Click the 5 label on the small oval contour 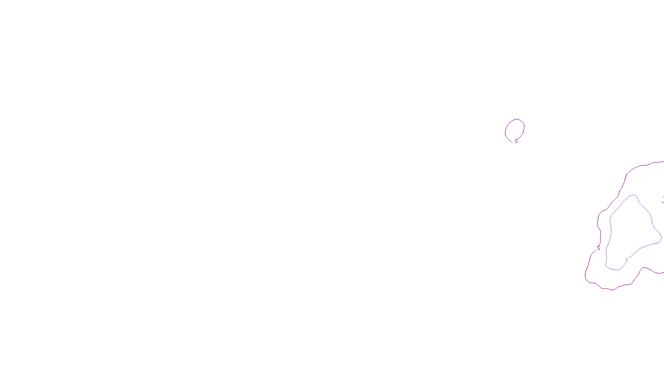tap(516, 141)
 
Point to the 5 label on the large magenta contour tap(598, 248)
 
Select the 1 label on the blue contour tap(627, 260)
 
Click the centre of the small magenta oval tap(515, 131)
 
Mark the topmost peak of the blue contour tap(633, 195)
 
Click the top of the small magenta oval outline tap(517, 119)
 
